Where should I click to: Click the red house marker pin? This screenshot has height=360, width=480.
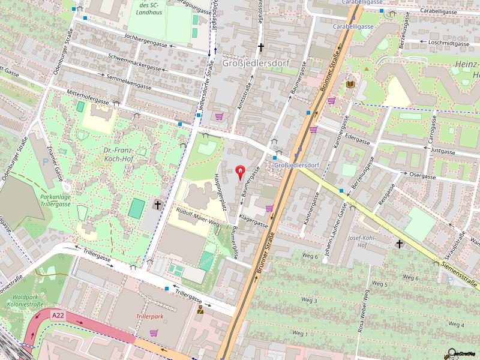point(240,173)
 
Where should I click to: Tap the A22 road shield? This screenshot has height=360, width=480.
point(58,314)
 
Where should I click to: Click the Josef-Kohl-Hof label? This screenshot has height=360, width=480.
point(361,241)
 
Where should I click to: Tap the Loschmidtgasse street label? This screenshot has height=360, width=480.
point(449,43)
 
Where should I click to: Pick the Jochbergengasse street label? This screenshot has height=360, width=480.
point(145,43)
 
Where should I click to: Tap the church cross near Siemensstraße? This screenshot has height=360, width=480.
point(400,244)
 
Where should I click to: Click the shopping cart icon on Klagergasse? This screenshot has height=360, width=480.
point(269,208)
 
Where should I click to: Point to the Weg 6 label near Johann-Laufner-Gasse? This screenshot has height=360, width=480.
point(310,256)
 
